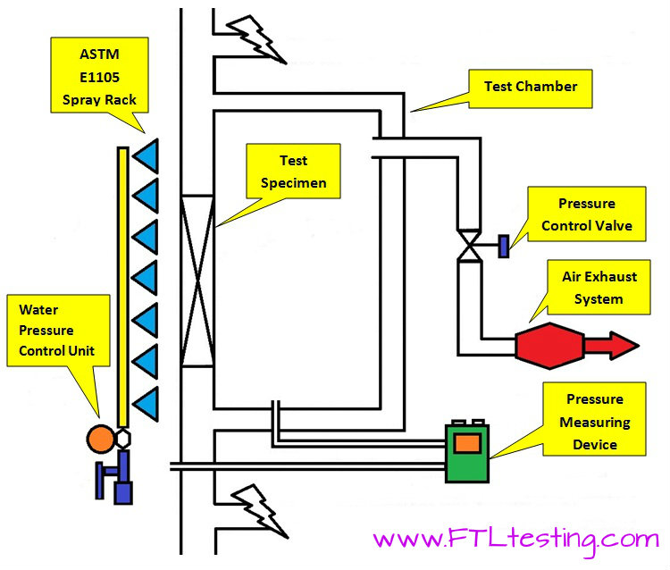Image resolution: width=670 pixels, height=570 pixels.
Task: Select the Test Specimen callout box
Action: point(293,172)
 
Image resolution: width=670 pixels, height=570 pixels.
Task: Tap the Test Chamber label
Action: point(531,87)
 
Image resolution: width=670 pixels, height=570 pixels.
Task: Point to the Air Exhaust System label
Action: point(599,288)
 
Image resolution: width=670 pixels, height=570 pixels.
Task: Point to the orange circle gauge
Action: point(100,438)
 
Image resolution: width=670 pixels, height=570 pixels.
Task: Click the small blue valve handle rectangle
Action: point(504,244)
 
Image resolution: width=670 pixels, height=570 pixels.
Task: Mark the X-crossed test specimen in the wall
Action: point(197,281)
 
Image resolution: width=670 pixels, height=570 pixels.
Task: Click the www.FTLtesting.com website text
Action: point(515,540)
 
